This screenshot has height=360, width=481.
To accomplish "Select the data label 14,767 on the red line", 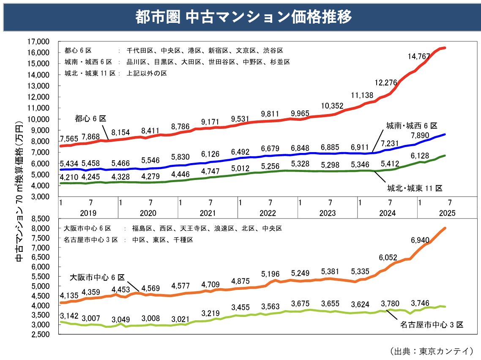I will click(419, 56).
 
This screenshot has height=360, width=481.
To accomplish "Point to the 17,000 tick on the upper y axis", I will click(38, 41).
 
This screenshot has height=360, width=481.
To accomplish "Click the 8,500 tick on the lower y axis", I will click(41, 218).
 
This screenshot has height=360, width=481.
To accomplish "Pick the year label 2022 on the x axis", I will click(268, 213).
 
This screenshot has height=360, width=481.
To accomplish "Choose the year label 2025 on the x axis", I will click(447, 213).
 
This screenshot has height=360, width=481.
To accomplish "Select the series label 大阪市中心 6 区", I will click(97, 277).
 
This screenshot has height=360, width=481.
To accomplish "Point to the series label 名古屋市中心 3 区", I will click(432, 325).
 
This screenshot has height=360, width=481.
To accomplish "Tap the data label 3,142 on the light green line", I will click(69, 316).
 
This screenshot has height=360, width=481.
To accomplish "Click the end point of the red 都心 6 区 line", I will click(445, 48).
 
